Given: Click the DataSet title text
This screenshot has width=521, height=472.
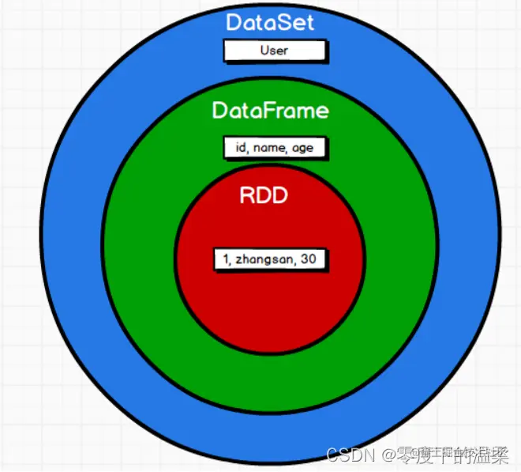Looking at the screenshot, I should [x=270, y=21].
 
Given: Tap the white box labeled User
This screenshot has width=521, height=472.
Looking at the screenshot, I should [x=274, y=51].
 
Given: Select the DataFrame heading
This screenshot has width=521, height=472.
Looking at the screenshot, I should [x=270, y=110].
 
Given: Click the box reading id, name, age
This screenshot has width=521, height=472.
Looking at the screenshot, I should [x=274, y=148].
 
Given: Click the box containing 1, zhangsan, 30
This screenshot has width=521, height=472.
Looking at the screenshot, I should [x=270, y=259].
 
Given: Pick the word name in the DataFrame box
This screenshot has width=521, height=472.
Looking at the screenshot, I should [x=269, y=148].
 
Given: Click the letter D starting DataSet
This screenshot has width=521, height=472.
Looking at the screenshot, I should [x=234, y=21].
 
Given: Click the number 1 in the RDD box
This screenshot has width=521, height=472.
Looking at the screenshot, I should [x=225, y=259].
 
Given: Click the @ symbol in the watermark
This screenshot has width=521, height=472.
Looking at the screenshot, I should [x=386, y=455].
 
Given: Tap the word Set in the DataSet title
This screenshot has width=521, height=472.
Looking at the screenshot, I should [x=297, y=21].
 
